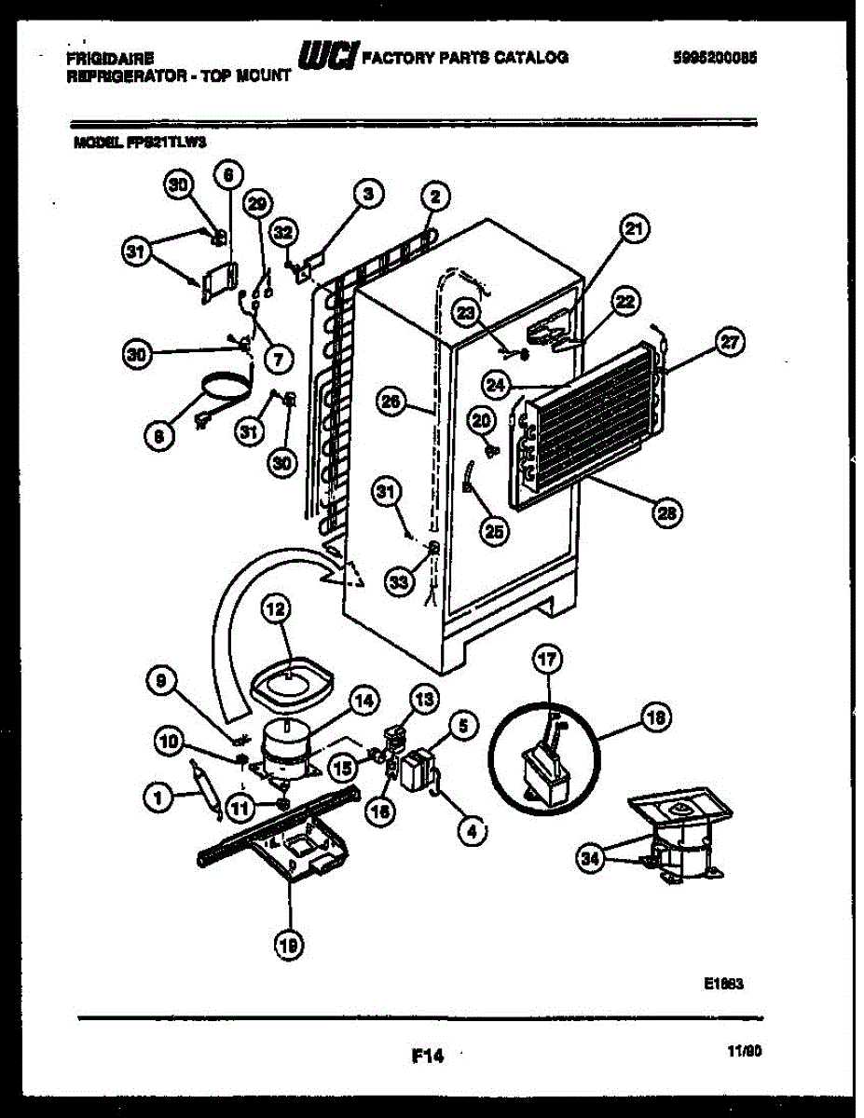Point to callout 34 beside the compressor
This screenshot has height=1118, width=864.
(589, 859)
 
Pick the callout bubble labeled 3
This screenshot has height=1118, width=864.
(368, 194)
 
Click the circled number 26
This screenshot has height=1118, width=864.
(392, 402)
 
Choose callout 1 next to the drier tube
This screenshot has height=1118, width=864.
(159, 795)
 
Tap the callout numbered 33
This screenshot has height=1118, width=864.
(399, 581)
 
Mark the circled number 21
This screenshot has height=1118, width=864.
(636, 229)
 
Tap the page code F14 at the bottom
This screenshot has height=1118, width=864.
(426, 1056)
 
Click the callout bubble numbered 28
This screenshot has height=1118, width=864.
(667, 511)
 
